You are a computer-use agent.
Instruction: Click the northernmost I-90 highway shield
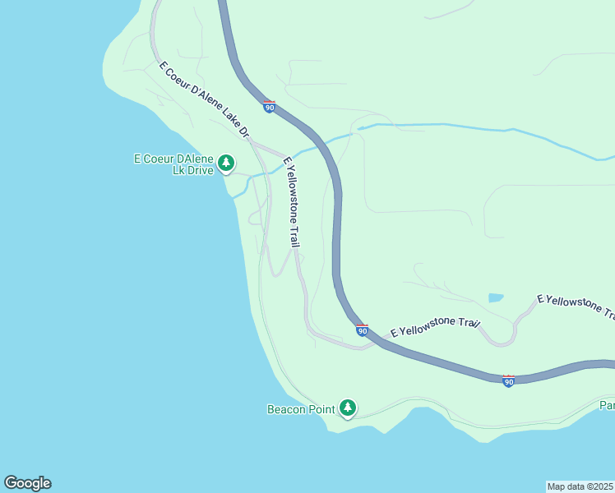[x=269, y=107]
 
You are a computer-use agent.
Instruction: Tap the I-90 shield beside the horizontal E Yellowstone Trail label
[x=362, y=329]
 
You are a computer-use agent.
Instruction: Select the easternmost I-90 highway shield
[x=508, y=380]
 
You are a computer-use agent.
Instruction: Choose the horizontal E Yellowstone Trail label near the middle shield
[x=435, y=327]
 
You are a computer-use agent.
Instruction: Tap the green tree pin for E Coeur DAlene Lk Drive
[x=226, y=164]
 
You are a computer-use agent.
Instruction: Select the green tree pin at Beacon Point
[x=348, y=408]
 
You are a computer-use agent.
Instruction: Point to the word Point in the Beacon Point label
[x=323, y=408]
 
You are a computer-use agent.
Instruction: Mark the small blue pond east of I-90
[x=496, y=297]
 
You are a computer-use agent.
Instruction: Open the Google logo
[x=27, y=483]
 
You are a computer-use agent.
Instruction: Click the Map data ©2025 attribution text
[x=580, y=486]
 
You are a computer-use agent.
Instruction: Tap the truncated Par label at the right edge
[x=607, y=405]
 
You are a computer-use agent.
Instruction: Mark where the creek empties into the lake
[x=234, y=196]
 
